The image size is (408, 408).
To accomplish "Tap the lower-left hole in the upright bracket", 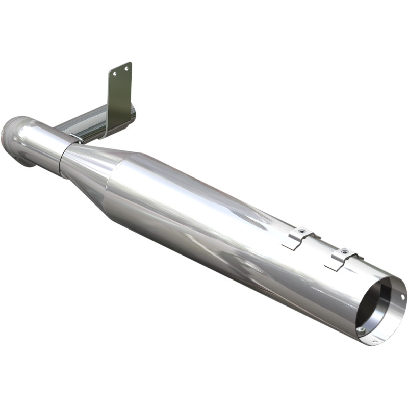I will pyautogui.click(x=115, y=74).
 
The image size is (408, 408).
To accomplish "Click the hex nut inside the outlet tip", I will pyautogui.click(x=361, y=329).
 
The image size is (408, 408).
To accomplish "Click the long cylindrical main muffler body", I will pyautogui.click(x=229, y=229).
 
